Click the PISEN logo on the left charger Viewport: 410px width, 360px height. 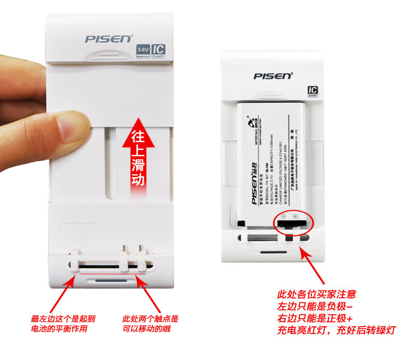(x=109, y=39)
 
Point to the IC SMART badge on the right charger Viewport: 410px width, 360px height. (x=312, y=91)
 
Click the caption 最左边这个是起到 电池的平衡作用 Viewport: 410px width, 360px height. (x=63, y=324)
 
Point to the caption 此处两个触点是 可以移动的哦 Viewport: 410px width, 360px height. (x=150, y=324)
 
